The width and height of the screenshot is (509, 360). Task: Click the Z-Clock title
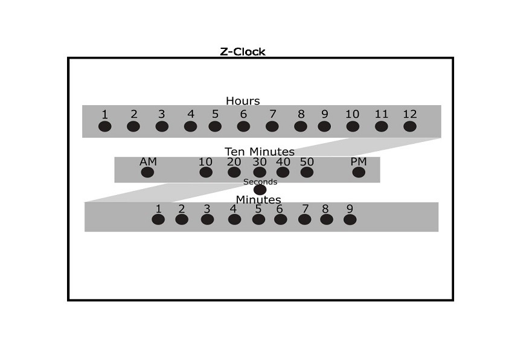tap(242, 51)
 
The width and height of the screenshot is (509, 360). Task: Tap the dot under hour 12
tap(410, 126)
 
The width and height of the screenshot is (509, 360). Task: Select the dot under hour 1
tap(105, 126)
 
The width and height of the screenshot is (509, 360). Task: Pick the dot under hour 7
tap(272, 126)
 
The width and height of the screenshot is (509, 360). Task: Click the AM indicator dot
tap(147, 172)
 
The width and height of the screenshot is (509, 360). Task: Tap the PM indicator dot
tap(359, 172)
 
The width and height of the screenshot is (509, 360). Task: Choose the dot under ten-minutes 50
tap(307, 172)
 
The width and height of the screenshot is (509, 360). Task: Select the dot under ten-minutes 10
tap(206, 172)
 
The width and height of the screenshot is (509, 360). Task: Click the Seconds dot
tap(260, 190)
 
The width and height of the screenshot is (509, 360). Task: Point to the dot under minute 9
tap(350, 219)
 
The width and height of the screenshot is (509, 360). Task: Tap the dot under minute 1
tap(158, 219)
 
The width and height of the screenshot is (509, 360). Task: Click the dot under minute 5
tap(258, 219)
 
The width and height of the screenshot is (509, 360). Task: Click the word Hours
tap(243, 101)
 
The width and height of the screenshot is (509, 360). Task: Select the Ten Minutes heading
tap(260, 152)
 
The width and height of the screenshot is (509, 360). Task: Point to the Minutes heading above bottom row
tap(258, 199)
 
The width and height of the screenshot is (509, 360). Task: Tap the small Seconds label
tap(260, 182)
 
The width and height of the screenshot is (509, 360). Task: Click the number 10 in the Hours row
tap(352, 114)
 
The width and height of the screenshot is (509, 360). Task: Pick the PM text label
tap(359, 162)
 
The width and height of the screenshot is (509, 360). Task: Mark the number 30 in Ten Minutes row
tap(260, 162)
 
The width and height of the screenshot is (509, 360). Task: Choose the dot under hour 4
tap(190, 126)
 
